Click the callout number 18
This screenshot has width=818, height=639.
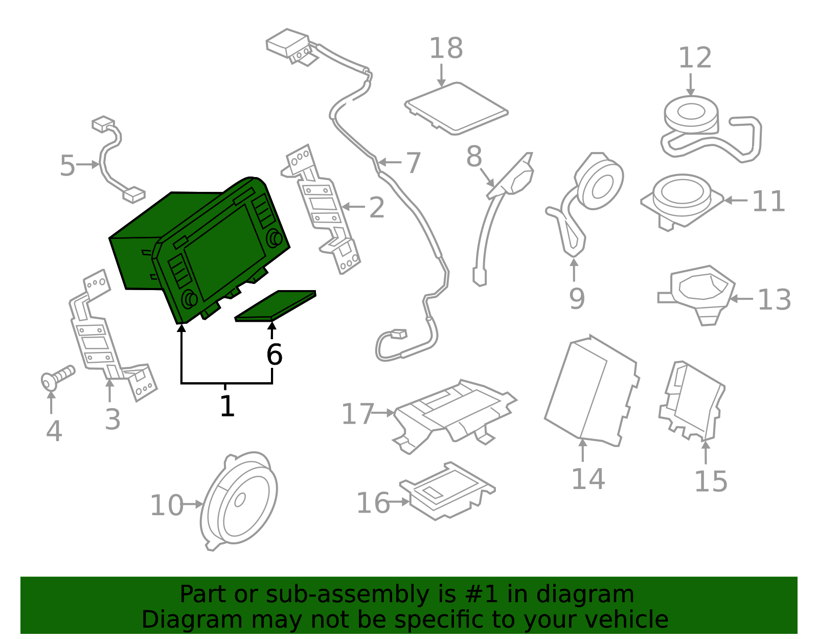point(446,48)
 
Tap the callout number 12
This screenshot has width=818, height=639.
point(695,58)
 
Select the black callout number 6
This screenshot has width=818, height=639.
point(274,355)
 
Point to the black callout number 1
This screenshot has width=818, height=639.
point(228,406)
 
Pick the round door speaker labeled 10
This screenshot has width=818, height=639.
point(239,500)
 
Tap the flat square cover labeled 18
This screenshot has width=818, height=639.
point(456,108)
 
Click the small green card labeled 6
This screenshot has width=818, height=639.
point(275,306)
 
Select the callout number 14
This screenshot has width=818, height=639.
point(588,479)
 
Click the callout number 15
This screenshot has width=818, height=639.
point(711,481)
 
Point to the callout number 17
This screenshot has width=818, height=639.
point(357,413)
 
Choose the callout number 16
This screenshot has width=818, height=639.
point(373,503)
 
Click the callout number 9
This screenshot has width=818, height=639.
point(577,299)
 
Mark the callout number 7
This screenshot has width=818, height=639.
point(413,163)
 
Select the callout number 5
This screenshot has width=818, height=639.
point(68,165)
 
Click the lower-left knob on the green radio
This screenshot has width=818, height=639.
point(189,299)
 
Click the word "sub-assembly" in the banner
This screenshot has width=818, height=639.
point(347,594)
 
